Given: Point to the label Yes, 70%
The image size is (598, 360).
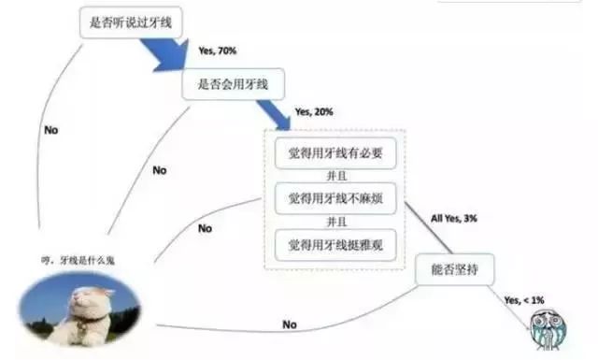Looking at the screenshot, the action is coord(218,50).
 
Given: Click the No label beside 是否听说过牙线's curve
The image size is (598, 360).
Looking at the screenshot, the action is coord(50,130).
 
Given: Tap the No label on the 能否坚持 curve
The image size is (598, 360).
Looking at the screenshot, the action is coord(289,325).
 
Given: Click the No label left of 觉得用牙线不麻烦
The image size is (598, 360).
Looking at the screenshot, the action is coord(204,227).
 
